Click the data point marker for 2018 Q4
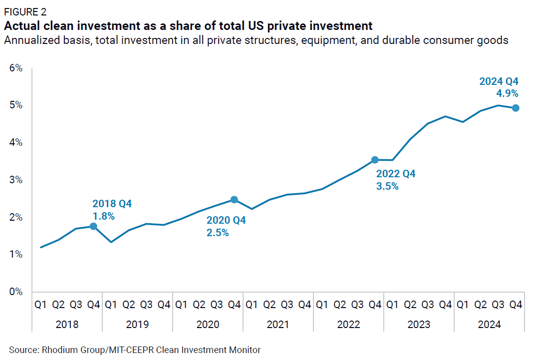(93, 226)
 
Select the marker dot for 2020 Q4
(234, 200)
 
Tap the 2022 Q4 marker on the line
(375, 160)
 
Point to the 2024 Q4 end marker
(516, 108)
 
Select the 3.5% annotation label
(387, 187)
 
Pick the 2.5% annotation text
(218, 232)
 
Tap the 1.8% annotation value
(103, 216)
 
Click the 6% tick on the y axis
(16, 68)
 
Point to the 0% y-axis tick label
(16, 292)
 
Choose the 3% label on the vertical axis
(16, 180)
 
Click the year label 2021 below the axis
(278, 325)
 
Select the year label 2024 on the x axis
(489, 325)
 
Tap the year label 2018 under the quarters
(67, 325)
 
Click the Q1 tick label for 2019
(111, 304)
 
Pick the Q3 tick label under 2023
(428, 304)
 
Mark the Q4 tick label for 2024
(516, 304)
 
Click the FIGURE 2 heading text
(25, 12)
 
